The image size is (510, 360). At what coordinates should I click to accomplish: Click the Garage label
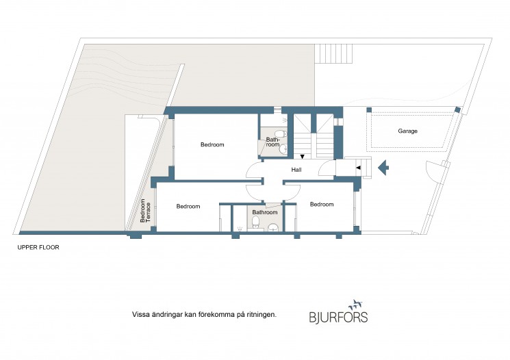[x=407, y=131]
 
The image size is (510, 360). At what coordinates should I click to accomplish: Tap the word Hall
[x=296, y=170]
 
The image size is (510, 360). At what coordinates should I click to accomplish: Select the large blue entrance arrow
[x=383, y=168]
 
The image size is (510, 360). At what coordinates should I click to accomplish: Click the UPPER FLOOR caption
[x=38, y=248]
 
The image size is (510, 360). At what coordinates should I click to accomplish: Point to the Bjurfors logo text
[x=338, y=317]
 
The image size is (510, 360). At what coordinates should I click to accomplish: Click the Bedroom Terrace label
[x=145, y=211]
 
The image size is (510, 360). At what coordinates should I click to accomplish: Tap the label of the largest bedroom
[x=212, y=144]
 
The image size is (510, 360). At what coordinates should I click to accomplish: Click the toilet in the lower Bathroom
[x=255, y=222]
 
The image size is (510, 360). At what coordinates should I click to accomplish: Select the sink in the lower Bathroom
[x=273, y=227]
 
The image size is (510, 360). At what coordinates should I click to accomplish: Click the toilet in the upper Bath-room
[x=281, y=133]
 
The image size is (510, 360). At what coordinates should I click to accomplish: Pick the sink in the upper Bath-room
[x=283, y=149]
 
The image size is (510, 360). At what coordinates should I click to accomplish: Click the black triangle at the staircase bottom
[x=302, y=157]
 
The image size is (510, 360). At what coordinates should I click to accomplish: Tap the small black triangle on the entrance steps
[x=359, y=168]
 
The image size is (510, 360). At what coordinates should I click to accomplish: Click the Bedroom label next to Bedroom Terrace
[x=188, y=207]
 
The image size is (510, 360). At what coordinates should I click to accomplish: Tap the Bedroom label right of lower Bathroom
[x=322, y=205]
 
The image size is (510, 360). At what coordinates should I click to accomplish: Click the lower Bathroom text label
[x=265, y=212]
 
